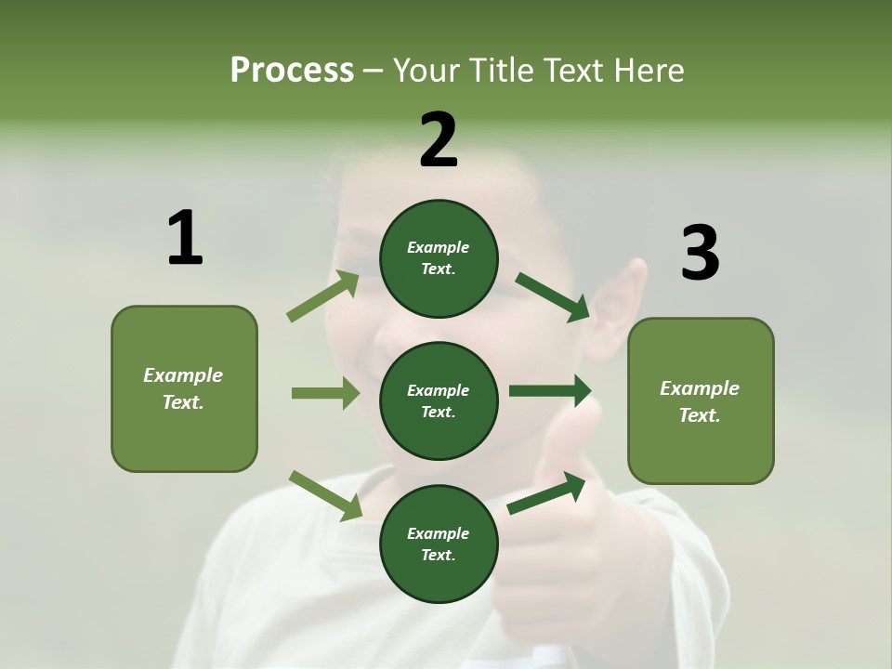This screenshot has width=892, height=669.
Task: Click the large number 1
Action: click(185, 238)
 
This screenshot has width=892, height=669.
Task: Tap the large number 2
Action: click(439, 140)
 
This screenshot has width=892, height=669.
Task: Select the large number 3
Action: click(700, 253)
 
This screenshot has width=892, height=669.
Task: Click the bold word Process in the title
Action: click(292, 70)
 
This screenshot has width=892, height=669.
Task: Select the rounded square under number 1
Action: click(184, 388)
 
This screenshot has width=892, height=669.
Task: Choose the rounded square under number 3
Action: click(701, 401)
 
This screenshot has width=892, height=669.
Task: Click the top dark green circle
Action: click(439, 258)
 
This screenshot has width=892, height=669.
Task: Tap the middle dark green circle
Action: click(439, 400)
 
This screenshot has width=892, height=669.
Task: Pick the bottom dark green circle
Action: click(439, 544)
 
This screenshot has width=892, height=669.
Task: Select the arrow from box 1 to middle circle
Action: click(325, 393)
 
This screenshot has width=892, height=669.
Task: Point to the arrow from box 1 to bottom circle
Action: click(325, 494)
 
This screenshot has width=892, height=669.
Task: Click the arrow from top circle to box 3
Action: click(552, 296)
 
